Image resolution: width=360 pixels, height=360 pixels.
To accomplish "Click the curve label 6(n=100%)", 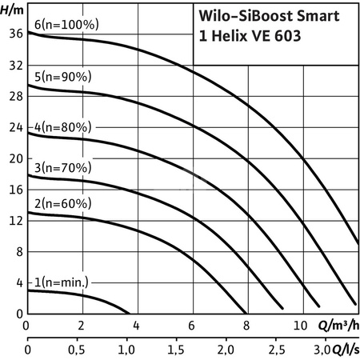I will (65, 25).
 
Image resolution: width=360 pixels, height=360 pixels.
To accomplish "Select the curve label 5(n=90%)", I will (62, 77).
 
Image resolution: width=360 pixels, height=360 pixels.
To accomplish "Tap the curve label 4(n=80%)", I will (62, 127).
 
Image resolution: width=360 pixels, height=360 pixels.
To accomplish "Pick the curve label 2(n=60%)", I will (62, 205).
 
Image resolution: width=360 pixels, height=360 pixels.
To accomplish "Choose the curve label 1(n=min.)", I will (62, 282).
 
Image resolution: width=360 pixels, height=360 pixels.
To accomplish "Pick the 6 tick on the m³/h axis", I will (191, 326).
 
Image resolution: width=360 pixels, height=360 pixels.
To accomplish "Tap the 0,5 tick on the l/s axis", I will (77, 350).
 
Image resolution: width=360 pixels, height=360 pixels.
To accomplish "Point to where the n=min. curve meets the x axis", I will (128, 313).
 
